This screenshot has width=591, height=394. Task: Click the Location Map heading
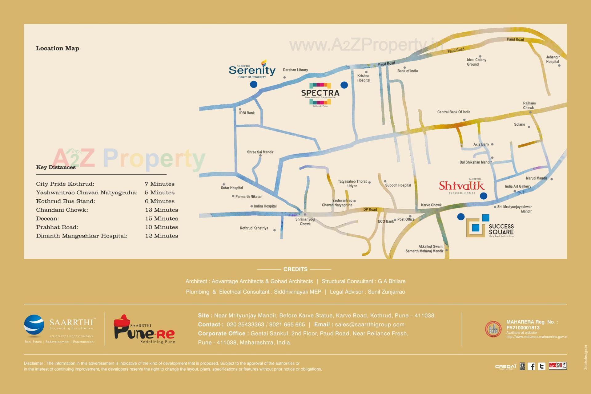pyautogui.click(x=58, y=48)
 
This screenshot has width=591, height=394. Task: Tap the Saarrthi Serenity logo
pyautogui.click(x=252, y=70)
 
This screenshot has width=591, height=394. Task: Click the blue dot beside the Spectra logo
pyautogui.click(x=344, y=85)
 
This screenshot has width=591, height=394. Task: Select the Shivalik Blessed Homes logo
pyautogui.click(x=461, y=186)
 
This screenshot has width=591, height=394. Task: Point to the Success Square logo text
pyautogui.click(x=501, y=229)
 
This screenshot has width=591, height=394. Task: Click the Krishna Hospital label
pyautogui.click(x=364, y=78)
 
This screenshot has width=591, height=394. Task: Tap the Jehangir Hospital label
pyautogui.click(x=553, y=59)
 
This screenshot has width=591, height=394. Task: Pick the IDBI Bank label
pyautogui.click(x=247, y=113)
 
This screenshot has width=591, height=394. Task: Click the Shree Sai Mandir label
pyautogui.click(x=260, y=152)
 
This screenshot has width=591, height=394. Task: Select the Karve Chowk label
pyautogui.click(x=431, y=205)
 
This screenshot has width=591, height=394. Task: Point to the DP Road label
pyautogui.click(x=370, y=209)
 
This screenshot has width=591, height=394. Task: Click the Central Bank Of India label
pyautogui.click(x=454, y=112)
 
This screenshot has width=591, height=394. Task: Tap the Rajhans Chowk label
pyautogui.click(x=529, y=106)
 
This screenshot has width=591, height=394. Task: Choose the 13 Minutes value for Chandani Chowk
pyautogui.click(x=162, y=210)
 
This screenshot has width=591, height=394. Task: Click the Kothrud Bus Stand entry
pyautogui.click(x=66, y=201)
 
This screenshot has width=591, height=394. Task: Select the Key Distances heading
pyautogui.click(x=56, y=167)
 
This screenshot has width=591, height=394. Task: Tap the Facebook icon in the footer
pyautogui.click(x=531, y=366)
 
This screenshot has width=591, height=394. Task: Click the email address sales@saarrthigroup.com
pyautogui.click(x=370, y=324)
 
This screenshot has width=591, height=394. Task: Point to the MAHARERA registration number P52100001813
pyautogui.click(x=523, y=328)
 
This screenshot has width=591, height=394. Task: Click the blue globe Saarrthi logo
pyautogui.click(x=34, y=326)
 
